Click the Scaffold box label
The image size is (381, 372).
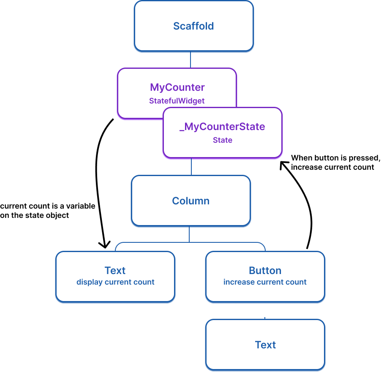[x=193, y=26]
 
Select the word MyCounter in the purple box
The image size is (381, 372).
[x=177, y=87]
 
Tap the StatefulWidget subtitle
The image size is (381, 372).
[x=177, y=101]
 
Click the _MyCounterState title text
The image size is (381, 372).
[x=222, y=127]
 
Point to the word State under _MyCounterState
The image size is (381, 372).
[x=222, y=140]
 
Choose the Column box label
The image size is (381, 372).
[x=190, y=201]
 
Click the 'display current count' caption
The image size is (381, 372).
[x=115, y=282]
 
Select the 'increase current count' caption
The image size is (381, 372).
[x=265, y=282]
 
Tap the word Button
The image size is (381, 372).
[x=265, y=271]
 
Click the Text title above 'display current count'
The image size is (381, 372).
[x=115, y=271]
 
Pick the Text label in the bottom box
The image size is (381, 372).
[x=265, y=345]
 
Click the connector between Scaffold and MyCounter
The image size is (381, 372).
[x=190, y=60]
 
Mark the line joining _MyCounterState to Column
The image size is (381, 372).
[x=191, y=167]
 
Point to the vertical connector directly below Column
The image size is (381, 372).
[x=189, y=235]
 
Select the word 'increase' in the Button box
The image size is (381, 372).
[x=237, y=282]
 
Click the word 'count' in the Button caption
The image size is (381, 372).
[x=297, y=282]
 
